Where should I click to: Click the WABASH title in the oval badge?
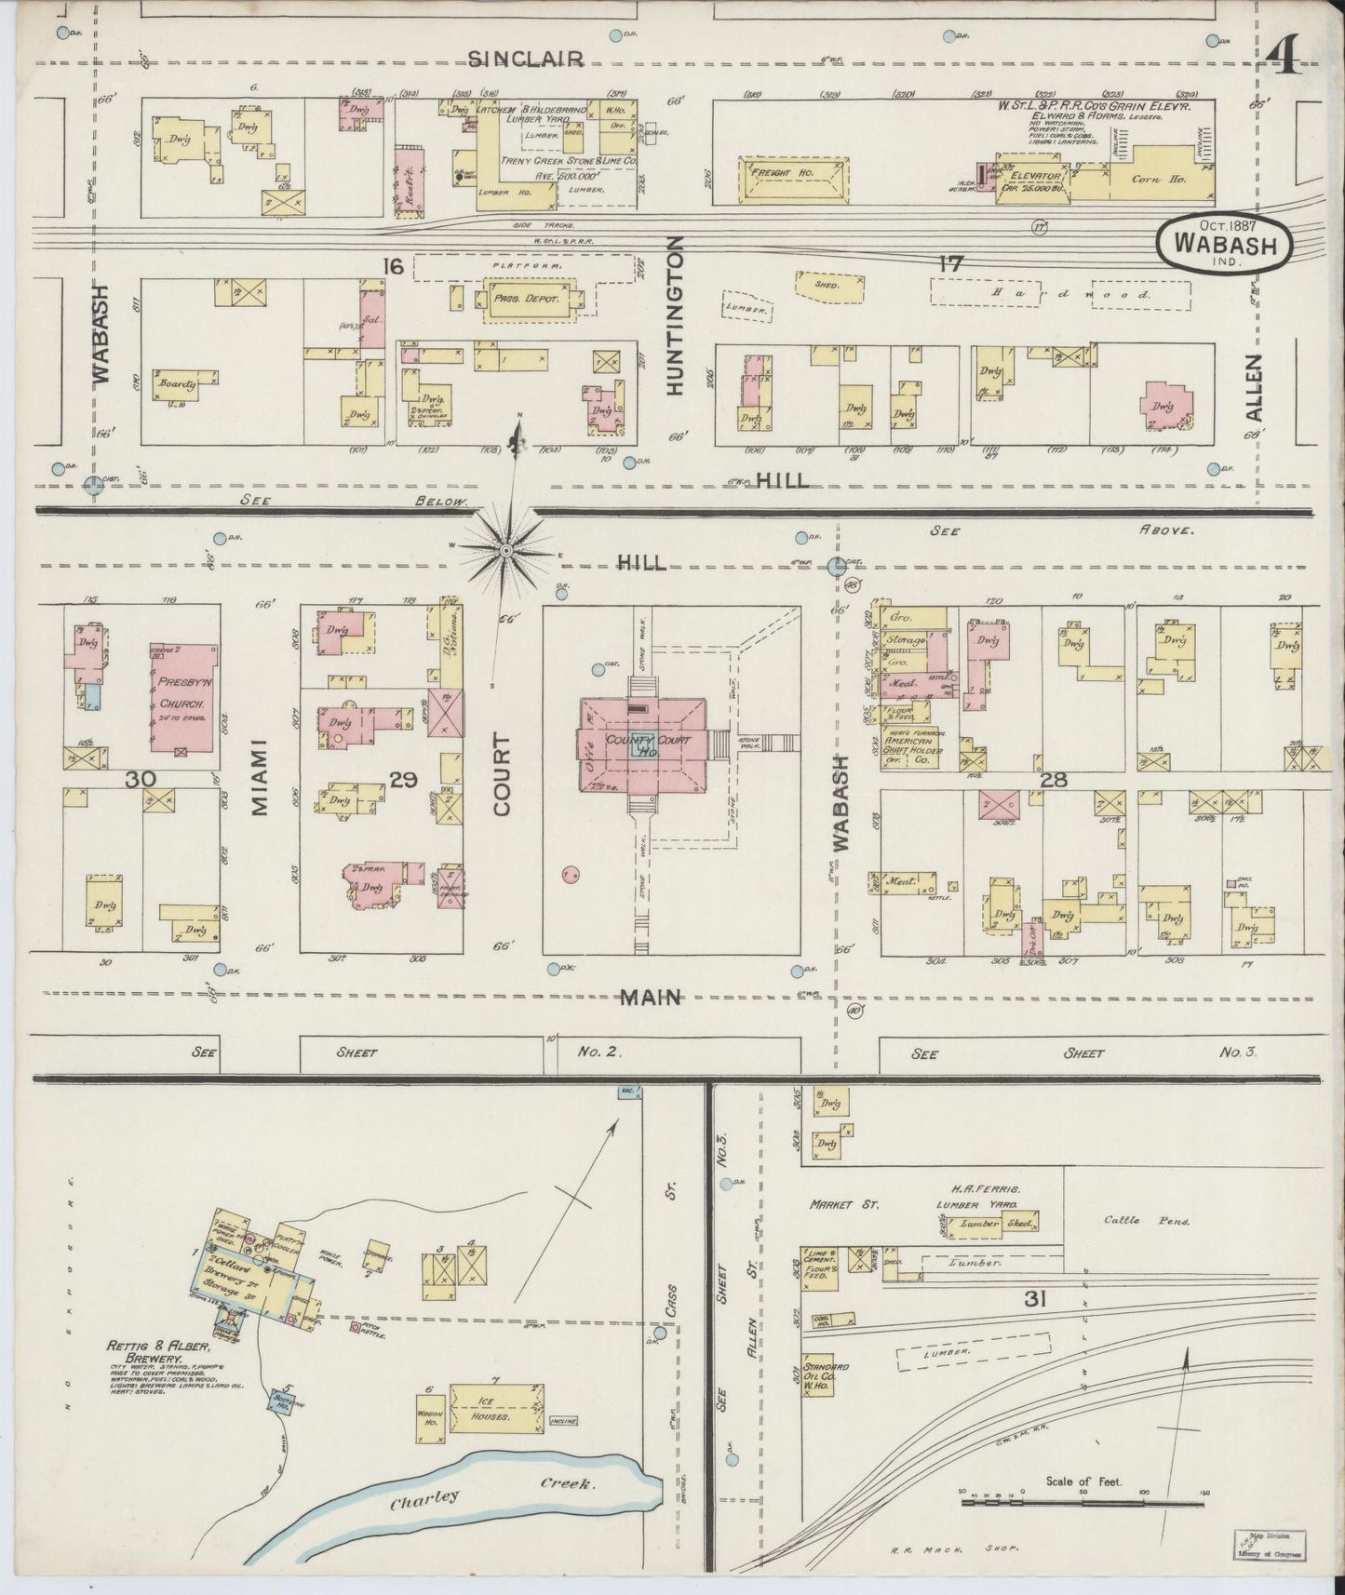[1225, 242]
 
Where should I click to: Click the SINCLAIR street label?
[526, 59]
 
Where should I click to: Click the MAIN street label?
[652, 998]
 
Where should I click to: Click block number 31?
[1034, 1299]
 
